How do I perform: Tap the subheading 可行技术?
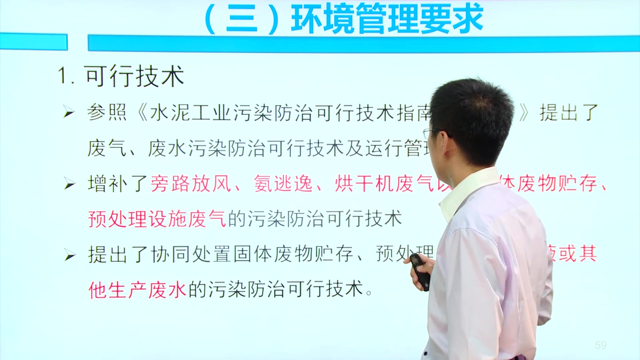point(134,76)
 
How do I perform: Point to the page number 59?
point(601,345)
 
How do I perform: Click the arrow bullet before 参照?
point(69,112)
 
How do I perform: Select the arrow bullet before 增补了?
point(69,184)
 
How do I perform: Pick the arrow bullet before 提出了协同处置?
point(69,255)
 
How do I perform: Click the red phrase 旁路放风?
point(191,184)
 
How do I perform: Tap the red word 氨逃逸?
point(283,184)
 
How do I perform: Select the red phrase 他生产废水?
point(137,290)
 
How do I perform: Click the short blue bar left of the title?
point(33,42)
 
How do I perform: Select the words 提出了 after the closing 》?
point(569,112)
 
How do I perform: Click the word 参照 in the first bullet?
point(107,112)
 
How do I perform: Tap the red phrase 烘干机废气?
point(383,184)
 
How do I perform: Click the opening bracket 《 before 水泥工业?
point(142,113)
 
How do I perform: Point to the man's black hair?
point(473,110)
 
